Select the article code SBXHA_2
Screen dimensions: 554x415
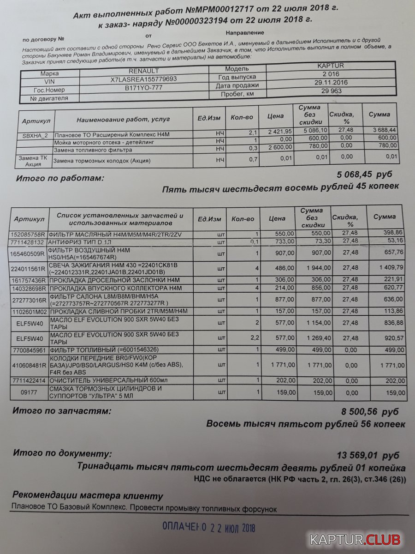coord(36,136)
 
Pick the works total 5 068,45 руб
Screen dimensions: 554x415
coord(365,175)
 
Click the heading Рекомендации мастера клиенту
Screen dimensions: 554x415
coord(88,496)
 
